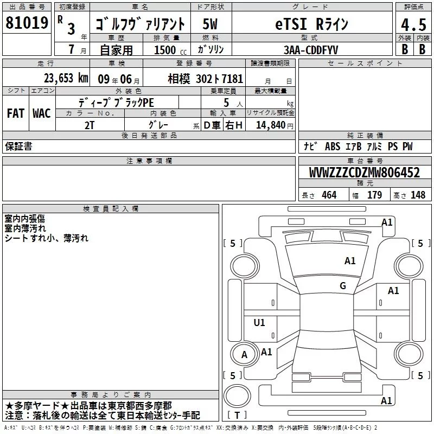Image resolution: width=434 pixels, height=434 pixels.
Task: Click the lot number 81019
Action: pos(27,23)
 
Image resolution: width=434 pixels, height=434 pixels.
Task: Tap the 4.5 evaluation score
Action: pos(413,24)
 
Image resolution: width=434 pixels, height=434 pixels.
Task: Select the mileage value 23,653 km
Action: pos(66,78)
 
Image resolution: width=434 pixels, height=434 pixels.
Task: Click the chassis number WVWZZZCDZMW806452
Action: pos(365,173)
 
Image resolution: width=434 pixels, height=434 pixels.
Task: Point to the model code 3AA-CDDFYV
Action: pos(311,50)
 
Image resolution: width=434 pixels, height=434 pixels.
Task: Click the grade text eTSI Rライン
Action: pos(311,24)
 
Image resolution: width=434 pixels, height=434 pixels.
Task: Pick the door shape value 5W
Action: pos(210,24)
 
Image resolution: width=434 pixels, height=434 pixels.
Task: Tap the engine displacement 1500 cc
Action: pos(170,50)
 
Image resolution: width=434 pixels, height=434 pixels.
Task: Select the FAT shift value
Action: pos(16,113)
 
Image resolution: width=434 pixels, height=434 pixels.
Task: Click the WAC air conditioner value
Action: pos(42,113)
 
